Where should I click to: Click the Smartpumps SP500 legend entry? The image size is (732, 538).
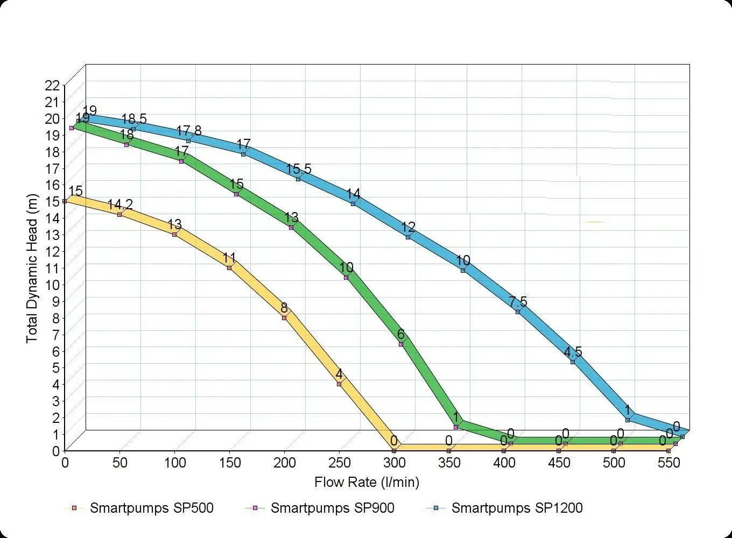tap(151, 508)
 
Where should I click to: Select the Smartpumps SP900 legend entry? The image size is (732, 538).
tap(332, 508)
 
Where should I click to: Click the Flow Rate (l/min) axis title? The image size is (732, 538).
tap(367, 482)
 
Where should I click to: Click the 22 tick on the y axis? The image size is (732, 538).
tap(53, 85)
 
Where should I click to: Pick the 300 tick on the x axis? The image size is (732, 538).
tap(394, 463)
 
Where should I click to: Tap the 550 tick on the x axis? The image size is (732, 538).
tap(668, 463)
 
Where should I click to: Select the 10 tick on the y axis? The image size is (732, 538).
tap(53, 284)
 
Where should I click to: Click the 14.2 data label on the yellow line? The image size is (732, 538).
tap(120, 204)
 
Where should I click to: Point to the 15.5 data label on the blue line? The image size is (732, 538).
tap(299, 169)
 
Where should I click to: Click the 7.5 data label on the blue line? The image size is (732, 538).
tap(518, 302)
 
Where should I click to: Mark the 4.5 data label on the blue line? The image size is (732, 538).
tap(573, 352)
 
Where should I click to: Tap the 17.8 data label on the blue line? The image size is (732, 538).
tap(189, 131)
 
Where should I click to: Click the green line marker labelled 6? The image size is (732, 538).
tap(401, 344)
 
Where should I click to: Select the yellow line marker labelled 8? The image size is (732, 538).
tap(284, 318)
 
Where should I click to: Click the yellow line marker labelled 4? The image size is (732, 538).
tap(339, 384)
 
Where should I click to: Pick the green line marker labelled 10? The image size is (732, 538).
tap(346, 278)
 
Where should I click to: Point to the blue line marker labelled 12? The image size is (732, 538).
tap(408, 237)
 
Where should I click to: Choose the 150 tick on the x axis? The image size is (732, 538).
tap(229, 463)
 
